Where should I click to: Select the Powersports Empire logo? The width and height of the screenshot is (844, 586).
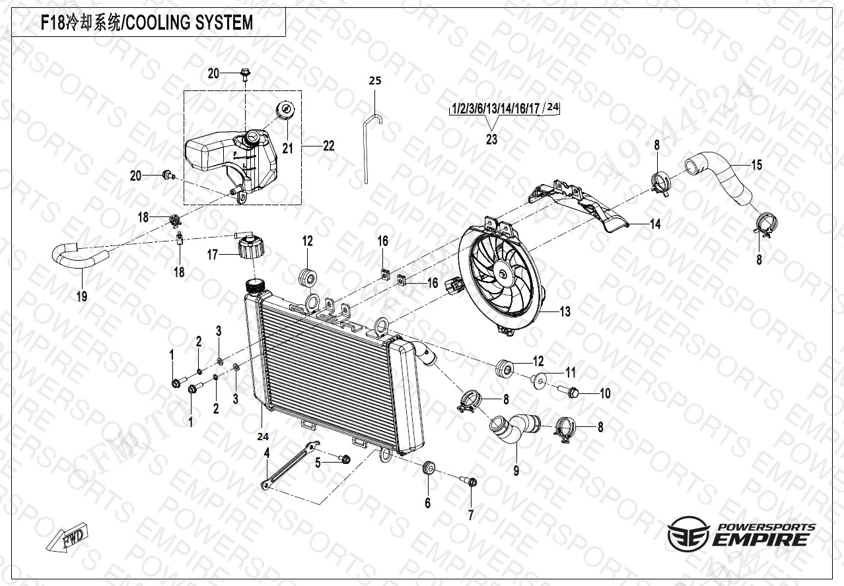tap(740, 535)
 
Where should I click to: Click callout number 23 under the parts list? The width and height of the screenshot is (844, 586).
tap(491, 139)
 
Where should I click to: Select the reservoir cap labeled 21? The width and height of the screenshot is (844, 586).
tap(285, 111)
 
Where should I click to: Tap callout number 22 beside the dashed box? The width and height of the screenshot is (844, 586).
tap(328, 146)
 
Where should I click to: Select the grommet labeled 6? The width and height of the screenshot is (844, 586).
tap(427, 469)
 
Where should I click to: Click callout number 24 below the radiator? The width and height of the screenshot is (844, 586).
tap(263, 435)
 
